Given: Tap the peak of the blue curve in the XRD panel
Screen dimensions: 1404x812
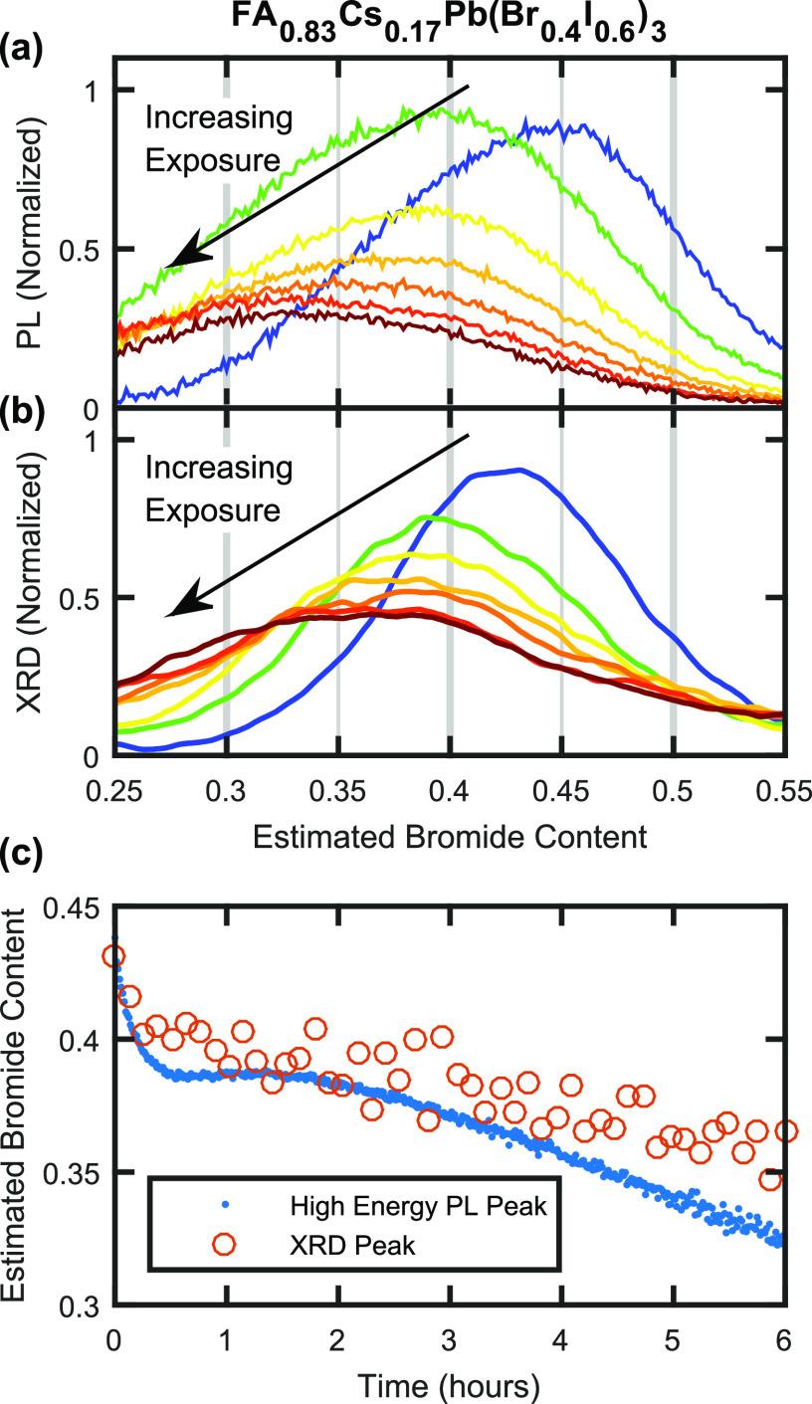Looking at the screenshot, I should click(517, 470).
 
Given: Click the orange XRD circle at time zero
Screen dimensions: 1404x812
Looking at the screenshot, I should click(114, 956).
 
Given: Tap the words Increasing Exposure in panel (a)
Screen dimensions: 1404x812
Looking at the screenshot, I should click(219, 139).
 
